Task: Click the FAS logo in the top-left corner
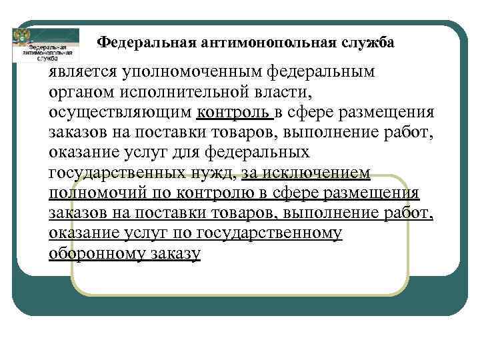coord(45,45)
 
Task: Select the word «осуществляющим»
coord(119,111)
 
